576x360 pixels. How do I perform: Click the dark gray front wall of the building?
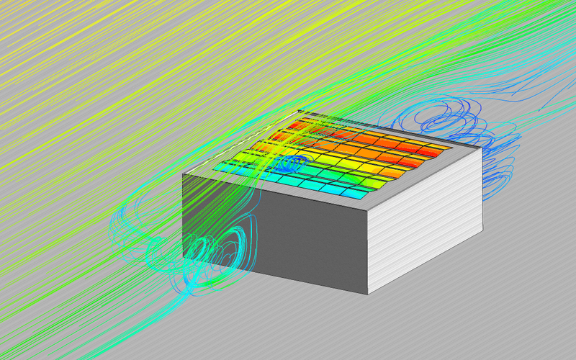click(x=302, y=238)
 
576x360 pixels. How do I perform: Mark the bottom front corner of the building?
click(x=368, y=294)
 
